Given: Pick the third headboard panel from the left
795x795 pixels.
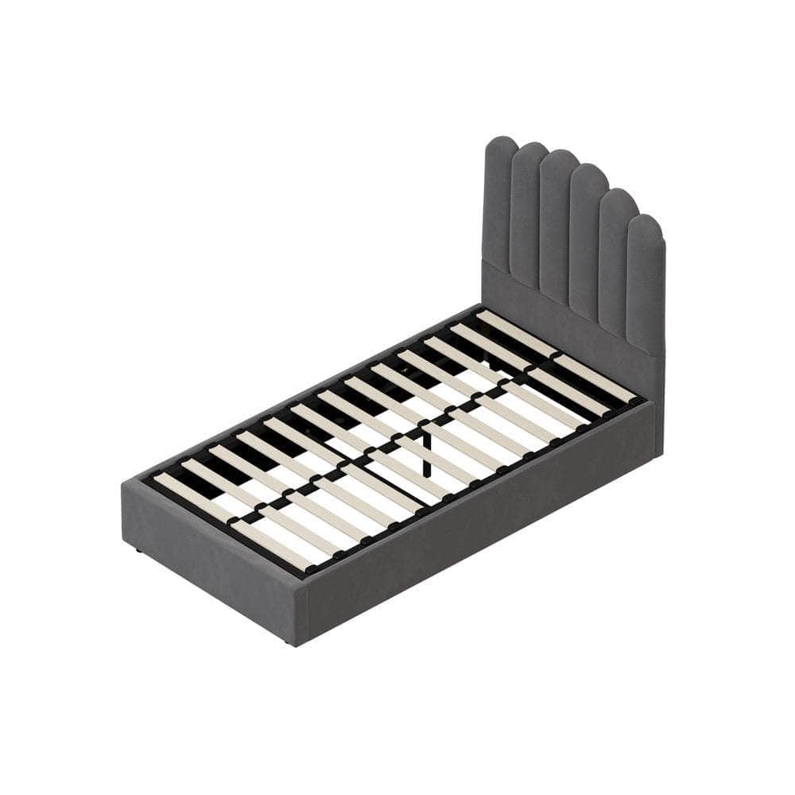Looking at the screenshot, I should [x=557, y=231].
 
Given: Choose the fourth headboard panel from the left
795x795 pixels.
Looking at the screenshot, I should [x=587, y=246].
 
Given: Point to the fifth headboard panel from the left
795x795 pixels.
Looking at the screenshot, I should [x=615, y=262].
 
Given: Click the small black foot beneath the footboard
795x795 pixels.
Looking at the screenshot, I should [x=138, y=549].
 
